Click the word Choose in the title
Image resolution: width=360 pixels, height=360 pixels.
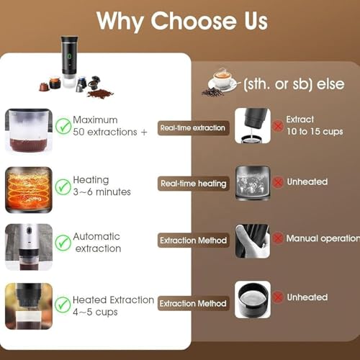tap(194, 21)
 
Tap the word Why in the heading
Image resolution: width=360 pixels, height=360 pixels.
tap(120, 22)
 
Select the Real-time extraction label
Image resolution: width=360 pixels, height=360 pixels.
tap(193, 128)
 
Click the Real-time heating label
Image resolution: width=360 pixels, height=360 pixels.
tap(193, 184)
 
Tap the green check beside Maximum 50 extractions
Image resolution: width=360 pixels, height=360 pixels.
tap(63, 126)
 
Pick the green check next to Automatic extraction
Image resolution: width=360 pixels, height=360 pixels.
tap(63, 243)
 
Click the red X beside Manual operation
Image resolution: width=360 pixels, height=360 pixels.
tap(278, 238)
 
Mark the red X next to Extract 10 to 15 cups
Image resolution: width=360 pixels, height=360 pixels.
tap(278, 126)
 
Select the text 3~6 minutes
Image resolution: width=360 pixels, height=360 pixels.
tap(102, 192)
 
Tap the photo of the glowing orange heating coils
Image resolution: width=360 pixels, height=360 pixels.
tap(29, 190)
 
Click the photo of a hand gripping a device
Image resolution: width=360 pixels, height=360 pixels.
tap(253, 241)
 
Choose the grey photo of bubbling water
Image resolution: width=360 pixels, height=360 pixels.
tap(253, 183)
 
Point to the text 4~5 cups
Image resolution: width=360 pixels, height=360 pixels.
tap(95, 312)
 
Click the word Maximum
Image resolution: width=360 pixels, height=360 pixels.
tap(95, 120)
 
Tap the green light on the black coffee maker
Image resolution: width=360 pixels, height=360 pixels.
tap(69, 56)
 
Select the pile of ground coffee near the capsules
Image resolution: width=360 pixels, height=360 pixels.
tap(100, 94)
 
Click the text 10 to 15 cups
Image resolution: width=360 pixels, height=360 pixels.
tap(315, 131)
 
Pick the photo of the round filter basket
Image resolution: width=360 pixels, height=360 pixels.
tap(253, 300)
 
